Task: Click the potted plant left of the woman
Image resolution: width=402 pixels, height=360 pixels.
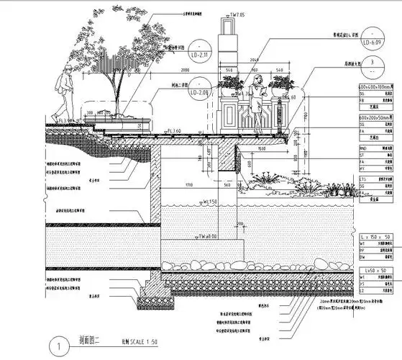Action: point(231,86)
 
